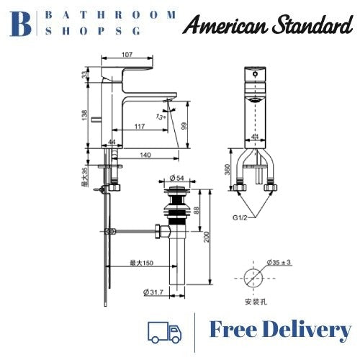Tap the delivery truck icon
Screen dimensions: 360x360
[x=164, y=331]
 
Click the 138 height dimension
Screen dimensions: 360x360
[x=84, y=117]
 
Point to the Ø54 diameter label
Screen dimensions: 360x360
[x=177, y=177]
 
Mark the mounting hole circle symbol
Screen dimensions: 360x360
[x=252, y=276]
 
